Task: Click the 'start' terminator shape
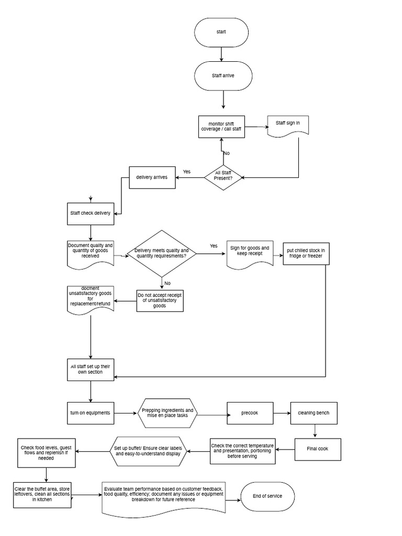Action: (x=222, y=32)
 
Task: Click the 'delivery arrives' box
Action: (x=152, y=177)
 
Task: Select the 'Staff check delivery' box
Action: (x=91, y=214)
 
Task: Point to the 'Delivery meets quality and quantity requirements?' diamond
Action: (x=162, y=253)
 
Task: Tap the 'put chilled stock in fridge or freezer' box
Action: (x=306, y=253)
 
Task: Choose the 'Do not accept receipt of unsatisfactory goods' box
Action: (x=160, y=300)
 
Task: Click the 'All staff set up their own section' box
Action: (x=91, y=369)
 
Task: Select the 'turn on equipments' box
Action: (x=91, y=412)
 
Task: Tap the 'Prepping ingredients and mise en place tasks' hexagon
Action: (x=167, y=414)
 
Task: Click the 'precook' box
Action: (x=250, y=413)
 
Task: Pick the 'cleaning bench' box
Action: (x=314, y=413)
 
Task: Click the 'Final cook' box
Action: (x=317, y=449)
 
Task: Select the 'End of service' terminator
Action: (x=267, y=496)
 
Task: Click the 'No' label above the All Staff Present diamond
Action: (x=227, y=153)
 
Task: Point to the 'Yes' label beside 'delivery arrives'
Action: (x=187, y=172)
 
